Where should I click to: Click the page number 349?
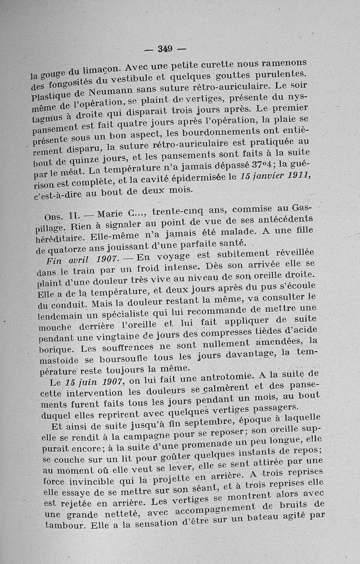pyautogui.click(x=166, y=48)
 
